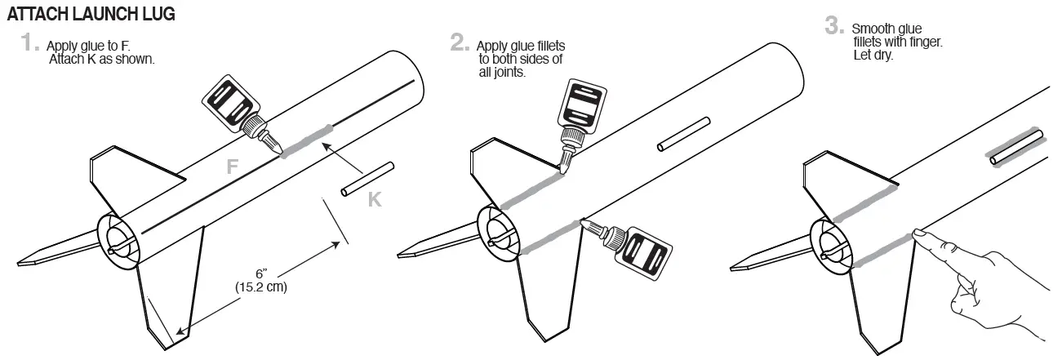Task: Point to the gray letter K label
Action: click(375, 198)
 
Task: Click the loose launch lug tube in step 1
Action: click(367, 180)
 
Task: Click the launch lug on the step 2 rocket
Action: click(683, 135)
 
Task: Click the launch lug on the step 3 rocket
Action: click(1016, 146)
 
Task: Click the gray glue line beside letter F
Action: click(306, 140)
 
